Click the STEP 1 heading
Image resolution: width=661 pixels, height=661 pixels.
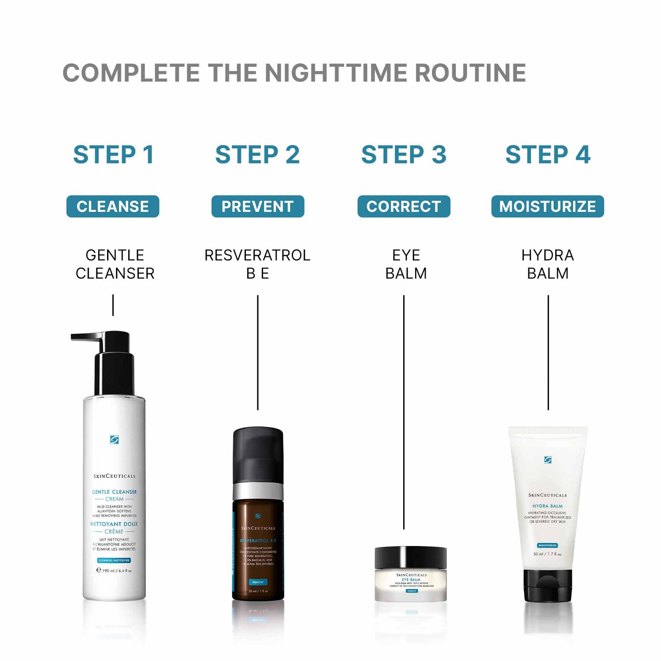pos(113,155)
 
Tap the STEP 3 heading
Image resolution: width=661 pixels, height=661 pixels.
pos(404,155)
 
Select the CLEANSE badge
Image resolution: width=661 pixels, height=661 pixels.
pos(113,206)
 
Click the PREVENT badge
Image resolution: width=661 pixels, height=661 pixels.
pos(258,206)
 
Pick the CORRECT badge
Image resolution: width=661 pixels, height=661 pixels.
pos(404,206)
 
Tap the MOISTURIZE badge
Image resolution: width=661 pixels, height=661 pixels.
pos(547,206)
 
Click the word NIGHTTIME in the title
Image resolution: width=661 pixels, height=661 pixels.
pos(337,73)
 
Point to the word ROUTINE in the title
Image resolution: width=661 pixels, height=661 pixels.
pos(470,73)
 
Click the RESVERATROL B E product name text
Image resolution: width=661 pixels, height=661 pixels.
pos(257,264)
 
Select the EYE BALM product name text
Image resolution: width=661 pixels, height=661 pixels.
pos(406,264)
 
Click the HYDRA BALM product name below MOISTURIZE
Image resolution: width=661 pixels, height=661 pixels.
pos(548,264)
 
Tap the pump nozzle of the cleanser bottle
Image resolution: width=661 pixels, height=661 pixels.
pos(86,337)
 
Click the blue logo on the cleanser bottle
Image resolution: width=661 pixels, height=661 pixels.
pos(114,439)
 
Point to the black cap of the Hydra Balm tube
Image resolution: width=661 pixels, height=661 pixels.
pos(548,585)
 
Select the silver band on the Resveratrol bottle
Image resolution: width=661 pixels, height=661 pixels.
pos(258,491)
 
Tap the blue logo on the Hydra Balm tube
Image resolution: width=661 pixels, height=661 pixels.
pos(548,460)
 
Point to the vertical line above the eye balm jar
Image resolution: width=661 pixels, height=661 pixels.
pos(404,412)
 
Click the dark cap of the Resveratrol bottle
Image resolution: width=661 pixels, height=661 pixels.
pos(258,454)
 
